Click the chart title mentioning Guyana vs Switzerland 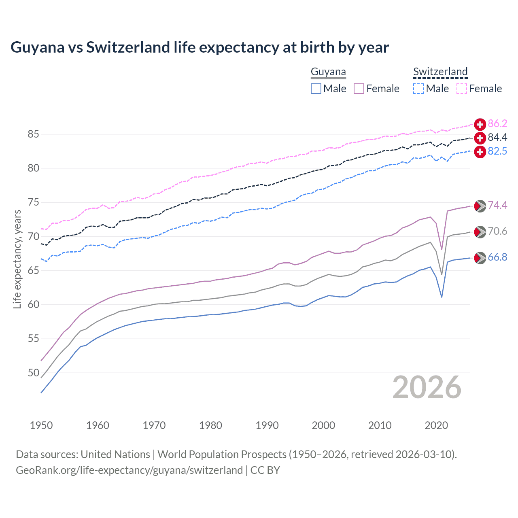coord(200,47)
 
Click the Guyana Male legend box coord(316,89)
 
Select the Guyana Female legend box coord(359,89)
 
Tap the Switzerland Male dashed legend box coord(418,89)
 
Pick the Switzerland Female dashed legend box coord(462,89)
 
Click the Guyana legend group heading coord(328,72)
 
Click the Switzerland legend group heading coord(440,72)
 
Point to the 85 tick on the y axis coord(34,134)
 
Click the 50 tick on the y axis coord(34,373)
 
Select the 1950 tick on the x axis coord(41,425)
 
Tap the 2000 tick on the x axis coord(323,425)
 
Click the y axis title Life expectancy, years coord(17,259)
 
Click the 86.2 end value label coord(497,124)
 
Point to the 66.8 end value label coord(497,257)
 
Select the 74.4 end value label coord(497,206)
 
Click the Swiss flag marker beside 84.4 coord(480,138)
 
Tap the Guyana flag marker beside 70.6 coord(480,232)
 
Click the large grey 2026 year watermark coord(427,387)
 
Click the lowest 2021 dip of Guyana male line coord(442,297)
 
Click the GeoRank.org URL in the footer coord(129,470)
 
